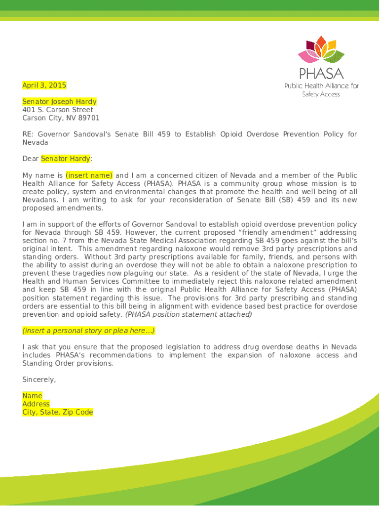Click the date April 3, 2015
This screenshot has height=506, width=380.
pyautogui.click(x=44, y=85)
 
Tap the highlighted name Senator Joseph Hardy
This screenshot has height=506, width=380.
pyautogui.click(x=59, y=102)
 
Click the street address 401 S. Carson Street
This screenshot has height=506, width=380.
pyautogui.click(x=58, y=110)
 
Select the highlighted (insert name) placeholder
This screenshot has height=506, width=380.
pyautogui.click(x=89, y=175)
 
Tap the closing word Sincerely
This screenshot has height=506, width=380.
pyautogui.click(x=39, y=379)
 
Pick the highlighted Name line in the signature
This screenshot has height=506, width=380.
pyautogui.click(x=32, y=396)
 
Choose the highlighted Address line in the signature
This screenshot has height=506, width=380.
pyautogui.click(x=36, y=404)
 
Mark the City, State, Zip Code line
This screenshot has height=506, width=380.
pyautogui.click(x=58, y=412)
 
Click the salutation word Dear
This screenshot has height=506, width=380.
pyautogui.click(x=30, y=159)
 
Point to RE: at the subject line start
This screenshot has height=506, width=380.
pyautogui.click(x=28, y=134)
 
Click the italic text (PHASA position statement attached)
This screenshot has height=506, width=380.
pyautogui.click(x=189, y=314)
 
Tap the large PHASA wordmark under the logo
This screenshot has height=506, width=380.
pyautogui.click(x=321, y=74)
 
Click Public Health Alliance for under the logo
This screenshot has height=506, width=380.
pyautogui.click(x=321, y=86)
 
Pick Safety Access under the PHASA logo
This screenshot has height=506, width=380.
pyautogui.click(x=321, y=94)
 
